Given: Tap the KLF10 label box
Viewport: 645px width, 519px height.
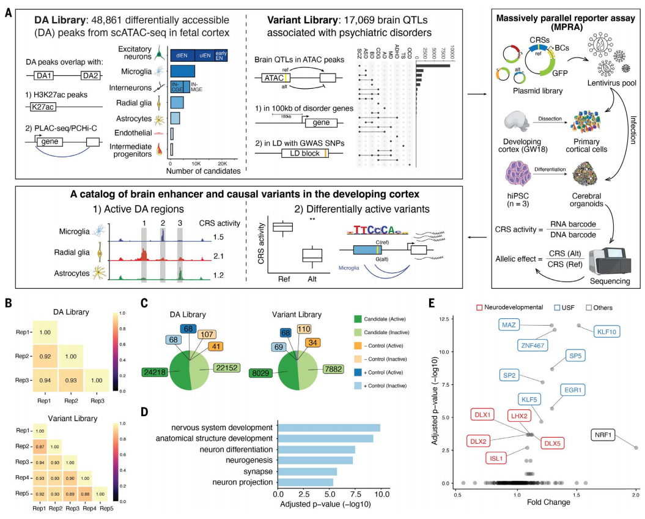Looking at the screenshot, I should [609, 332].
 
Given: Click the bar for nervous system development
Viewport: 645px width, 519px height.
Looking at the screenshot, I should [329, 427].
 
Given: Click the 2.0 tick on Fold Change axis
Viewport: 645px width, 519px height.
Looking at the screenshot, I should [635, 494].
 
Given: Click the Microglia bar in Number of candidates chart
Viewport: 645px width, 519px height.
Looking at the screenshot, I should [182, 72].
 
